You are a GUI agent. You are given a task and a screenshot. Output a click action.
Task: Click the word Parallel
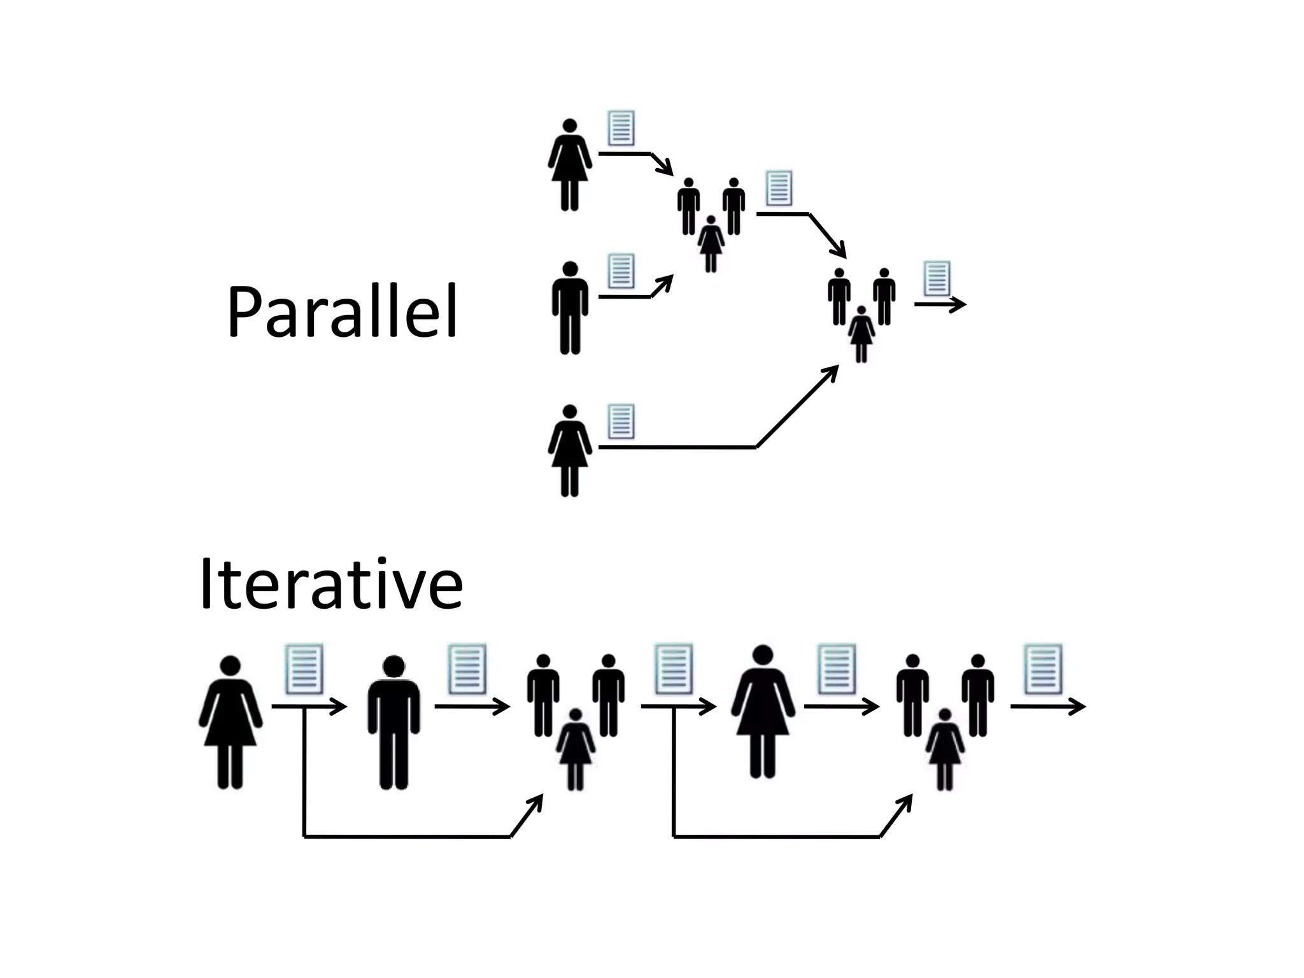pos(342,312)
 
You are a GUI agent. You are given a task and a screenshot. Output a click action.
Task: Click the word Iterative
pos(330,585)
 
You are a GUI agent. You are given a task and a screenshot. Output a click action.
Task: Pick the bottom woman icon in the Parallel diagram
pos(570,450)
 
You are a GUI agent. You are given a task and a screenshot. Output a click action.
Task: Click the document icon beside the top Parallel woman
pos(621,128)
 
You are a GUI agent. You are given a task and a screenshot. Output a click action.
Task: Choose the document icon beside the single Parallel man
pos(621,271)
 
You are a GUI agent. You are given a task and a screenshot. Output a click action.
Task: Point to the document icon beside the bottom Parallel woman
pos(621,421)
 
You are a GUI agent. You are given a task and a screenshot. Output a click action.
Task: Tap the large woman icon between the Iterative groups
pos(763,711)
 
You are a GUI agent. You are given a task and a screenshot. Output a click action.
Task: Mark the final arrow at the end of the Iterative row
pos(1047,706)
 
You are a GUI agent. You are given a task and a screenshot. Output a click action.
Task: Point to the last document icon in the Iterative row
pos(1043,669)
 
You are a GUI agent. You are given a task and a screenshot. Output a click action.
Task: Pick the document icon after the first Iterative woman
pos(304,669)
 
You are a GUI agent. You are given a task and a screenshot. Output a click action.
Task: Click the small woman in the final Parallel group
pos(861,334)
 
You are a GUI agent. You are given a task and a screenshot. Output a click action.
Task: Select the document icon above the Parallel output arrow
pos(937,278)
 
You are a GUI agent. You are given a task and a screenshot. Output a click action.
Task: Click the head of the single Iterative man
pos(394,667)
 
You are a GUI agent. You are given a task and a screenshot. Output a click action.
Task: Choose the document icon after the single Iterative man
pos(467,669)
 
